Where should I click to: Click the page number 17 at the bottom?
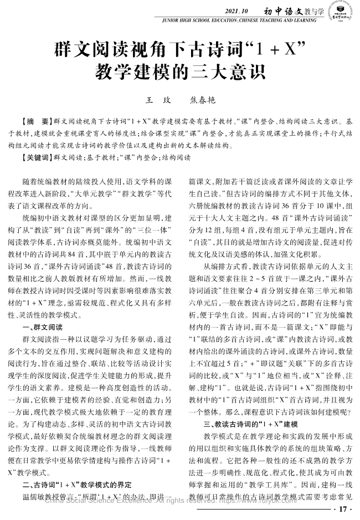(342, 509)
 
